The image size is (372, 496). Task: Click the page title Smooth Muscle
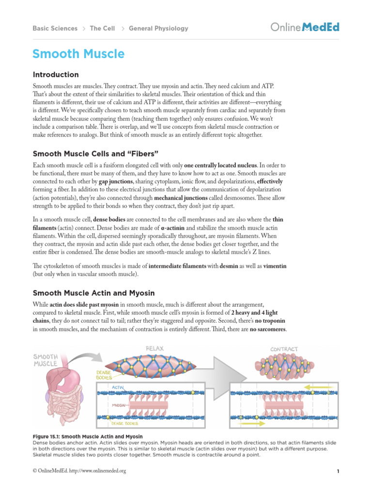[78, 54]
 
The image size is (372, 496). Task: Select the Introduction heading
[55, 75]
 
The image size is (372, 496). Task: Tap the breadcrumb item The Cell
[102, 29]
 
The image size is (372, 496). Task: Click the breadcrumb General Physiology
[158, 29]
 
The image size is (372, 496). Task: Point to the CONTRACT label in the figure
[284, 349]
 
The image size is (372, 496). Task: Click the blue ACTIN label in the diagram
[119, 387]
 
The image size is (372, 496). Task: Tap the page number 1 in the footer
[338, 471]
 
